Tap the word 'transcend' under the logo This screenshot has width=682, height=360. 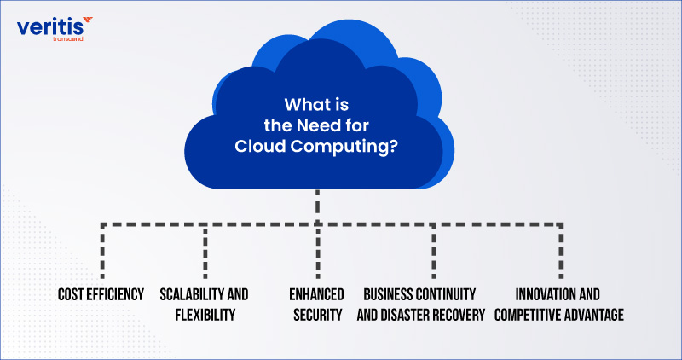click(66, 40)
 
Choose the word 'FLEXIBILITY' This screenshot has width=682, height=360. click(204, 315)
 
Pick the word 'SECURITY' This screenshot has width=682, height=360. click(316, 315)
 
